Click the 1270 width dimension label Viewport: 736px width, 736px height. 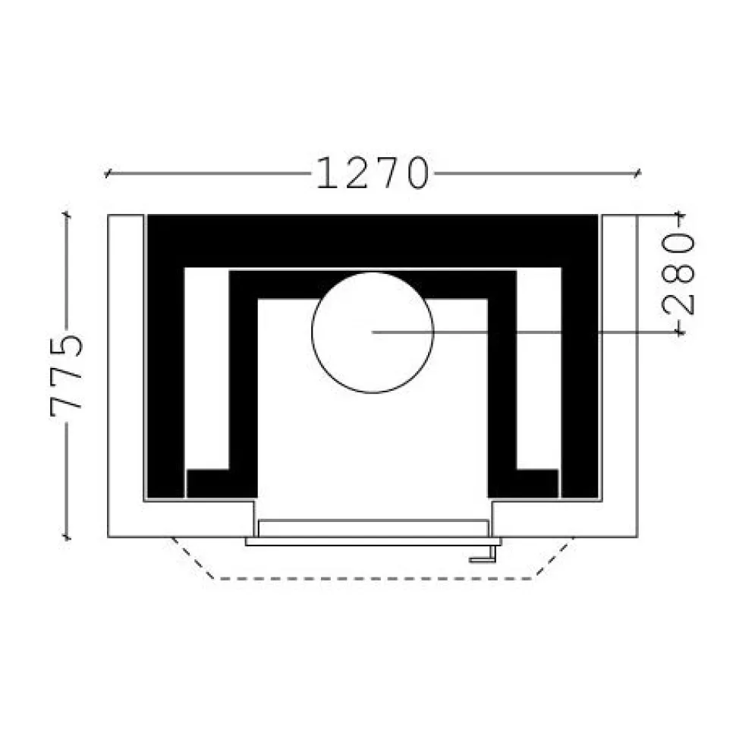point(373,173)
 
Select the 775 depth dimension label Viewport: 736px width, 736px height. point(66,376)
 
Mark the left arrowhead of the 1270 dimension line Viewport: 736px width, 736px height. point(108,174)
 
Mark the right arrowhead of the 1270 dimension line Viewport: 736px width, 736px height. point(637,174)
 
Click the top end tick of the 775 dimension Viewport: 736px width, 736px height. point(67,215)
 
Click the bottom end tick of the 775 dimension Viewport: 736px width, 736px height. point(67,536)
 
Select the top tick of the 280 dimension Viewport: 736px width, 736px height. point(679,215)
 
